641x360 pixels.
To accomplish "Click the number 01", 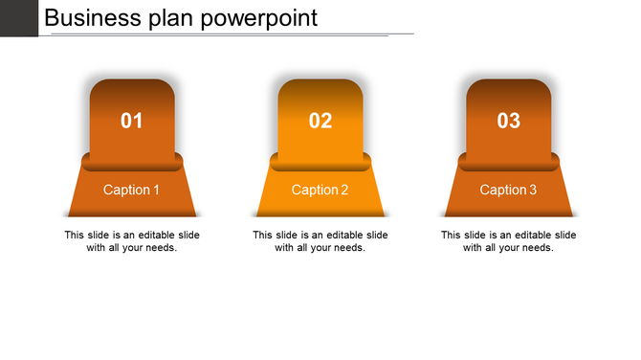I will [x=132, y=121].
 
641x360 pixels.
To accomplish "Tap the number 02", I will [x=320, y=121].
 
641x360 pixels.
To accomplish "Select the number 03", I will [x=509, y=121].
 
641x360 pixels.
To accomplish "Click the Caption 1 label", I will [x=132, y=190].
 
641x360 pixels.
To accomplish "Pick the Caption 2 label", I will [x=320, y=190].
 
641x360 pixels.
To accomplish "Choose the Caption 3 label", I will [x=509, y=190].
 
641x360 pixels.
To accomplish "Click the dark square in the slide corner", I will [x=18, y=17].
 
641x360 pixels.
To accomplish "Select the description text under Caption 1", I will [x=132, y=241].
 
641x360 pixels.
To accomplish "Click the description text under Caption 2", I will [x=320, y=241].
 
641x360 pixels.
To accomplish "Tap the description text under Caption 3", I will [x=509, y=241].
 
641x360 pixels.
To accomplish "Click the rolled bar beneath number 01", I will [x=132, y=162].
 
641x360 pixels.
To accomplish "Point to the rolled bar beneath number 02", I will [x=320, y=162].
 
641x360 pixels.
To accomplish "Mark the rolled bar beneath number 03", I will [x=509, y=162].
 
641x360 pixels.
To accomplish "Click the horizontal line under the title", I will [x=230, y=34].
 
